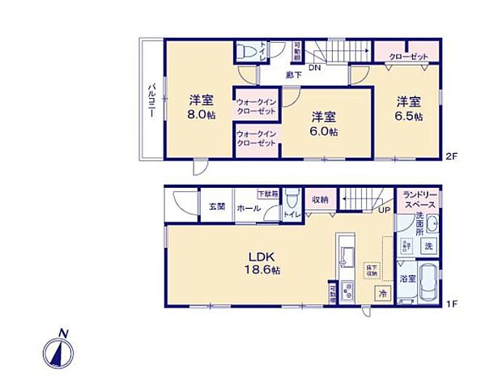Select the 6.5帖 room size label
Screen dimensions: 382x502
pyautogui.click(x=408, y=116)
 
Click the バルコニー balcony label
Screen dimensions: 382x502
pyautogui.click(x=151, y=102)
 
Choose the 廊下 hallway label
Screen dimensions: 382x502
pyautogui.click(x=294, y=74)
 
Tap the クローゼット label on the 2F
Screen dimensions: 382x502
pyautogui.click(x=408, y=57)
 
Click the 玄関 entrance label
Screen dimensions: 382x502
pyautogui.click(x=215, y=207)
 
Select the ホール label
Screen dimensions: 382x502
pyautogui.click(x=248, y=208)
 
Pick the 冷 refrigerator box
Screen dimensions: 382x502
pyautogui.click(x=383, y=294)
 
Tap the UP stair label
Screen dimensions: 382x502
pyautogui.click(x=385, y=210)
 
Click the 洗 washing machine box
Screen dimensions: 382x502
pyautogui.click(x=429, y=244)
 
